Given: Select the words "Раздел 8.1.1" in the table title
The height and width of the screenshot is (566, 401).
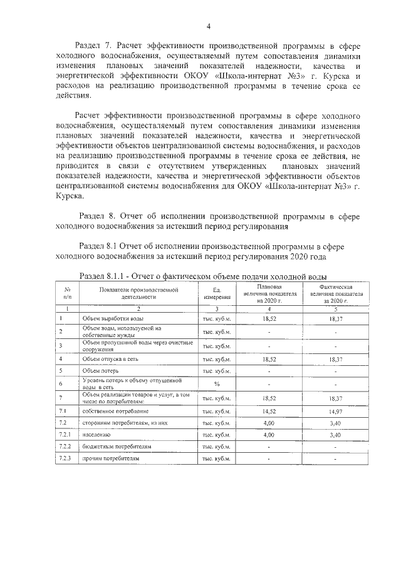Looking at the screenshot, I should tap(104, 275).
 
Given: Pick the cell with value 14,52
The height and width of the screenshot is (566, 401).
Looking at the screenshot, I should tap(269, 411).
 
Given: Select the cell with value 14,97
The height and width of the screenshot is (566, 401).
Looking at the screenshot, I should tap(336, 412).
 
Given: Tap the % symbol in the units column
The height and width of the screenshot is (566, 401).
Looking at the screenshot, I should tap(217, 383).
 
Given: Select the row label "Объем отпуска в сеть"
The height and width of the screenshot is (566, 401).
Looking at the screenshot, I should tap(110, 359).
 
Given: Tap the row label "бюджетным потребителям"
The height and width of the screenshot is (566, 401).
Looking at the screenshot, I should tap(117, 447).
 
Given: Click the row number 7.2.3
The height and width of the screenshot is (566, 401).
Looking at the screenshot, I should tap(66, 458).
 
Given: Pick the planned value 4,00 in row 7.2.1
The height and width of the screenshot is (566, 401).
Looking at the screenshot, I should tap(269, 434).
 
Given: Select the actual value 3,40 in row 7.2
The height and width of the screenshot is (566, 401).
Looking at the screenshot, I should tap(336, 423).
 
